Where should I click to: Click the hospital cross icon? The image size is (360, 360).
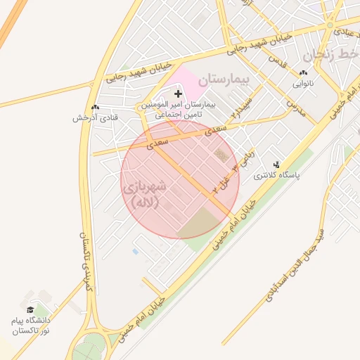coord(178,93)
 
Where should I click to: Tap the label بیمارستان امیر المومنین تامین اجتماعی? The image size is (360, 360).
coord(178,108)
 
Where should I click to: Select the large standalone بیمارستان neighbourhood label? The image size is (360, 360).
coord(224,79)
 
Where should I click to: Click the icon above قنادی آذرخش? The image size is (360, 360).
coord(95,107)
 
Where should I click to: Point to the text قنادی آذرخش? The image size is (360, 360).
coord(89,118)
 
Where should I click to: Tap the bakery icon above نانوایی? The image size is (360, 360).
coord(303,72)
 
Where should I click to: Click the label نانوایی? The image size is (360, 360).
coord(304,83)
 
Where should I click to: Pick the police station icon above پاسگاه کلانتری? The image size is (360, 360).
coord(276,165)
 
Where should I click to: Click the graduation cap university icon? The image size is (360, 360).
coord(30,309)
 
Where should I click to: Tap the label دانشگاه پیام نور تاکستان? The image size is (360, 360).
coord(31,325)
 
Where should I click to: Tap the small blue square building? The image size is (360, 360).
coord(135,251)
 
